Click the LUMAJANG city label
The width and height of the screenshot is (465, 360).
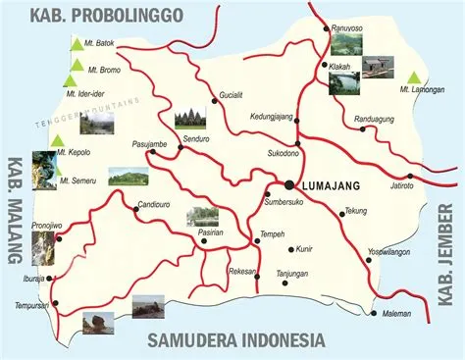pyautogui.click(x=331, y=185)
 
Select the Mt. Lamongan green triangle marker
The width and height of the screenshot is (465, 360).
pyautogui.click(x=415, y=77)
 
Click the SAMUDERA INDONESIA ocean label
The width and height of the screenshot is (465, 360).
pyautogui.click(x=235, y=340)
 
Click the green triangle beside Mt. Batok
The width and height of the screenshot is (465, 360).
pyautogui.click(x=76, y=44)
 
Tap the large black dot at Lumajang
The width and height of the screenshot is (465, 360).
pyautogui.click(x=289, y=184)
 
